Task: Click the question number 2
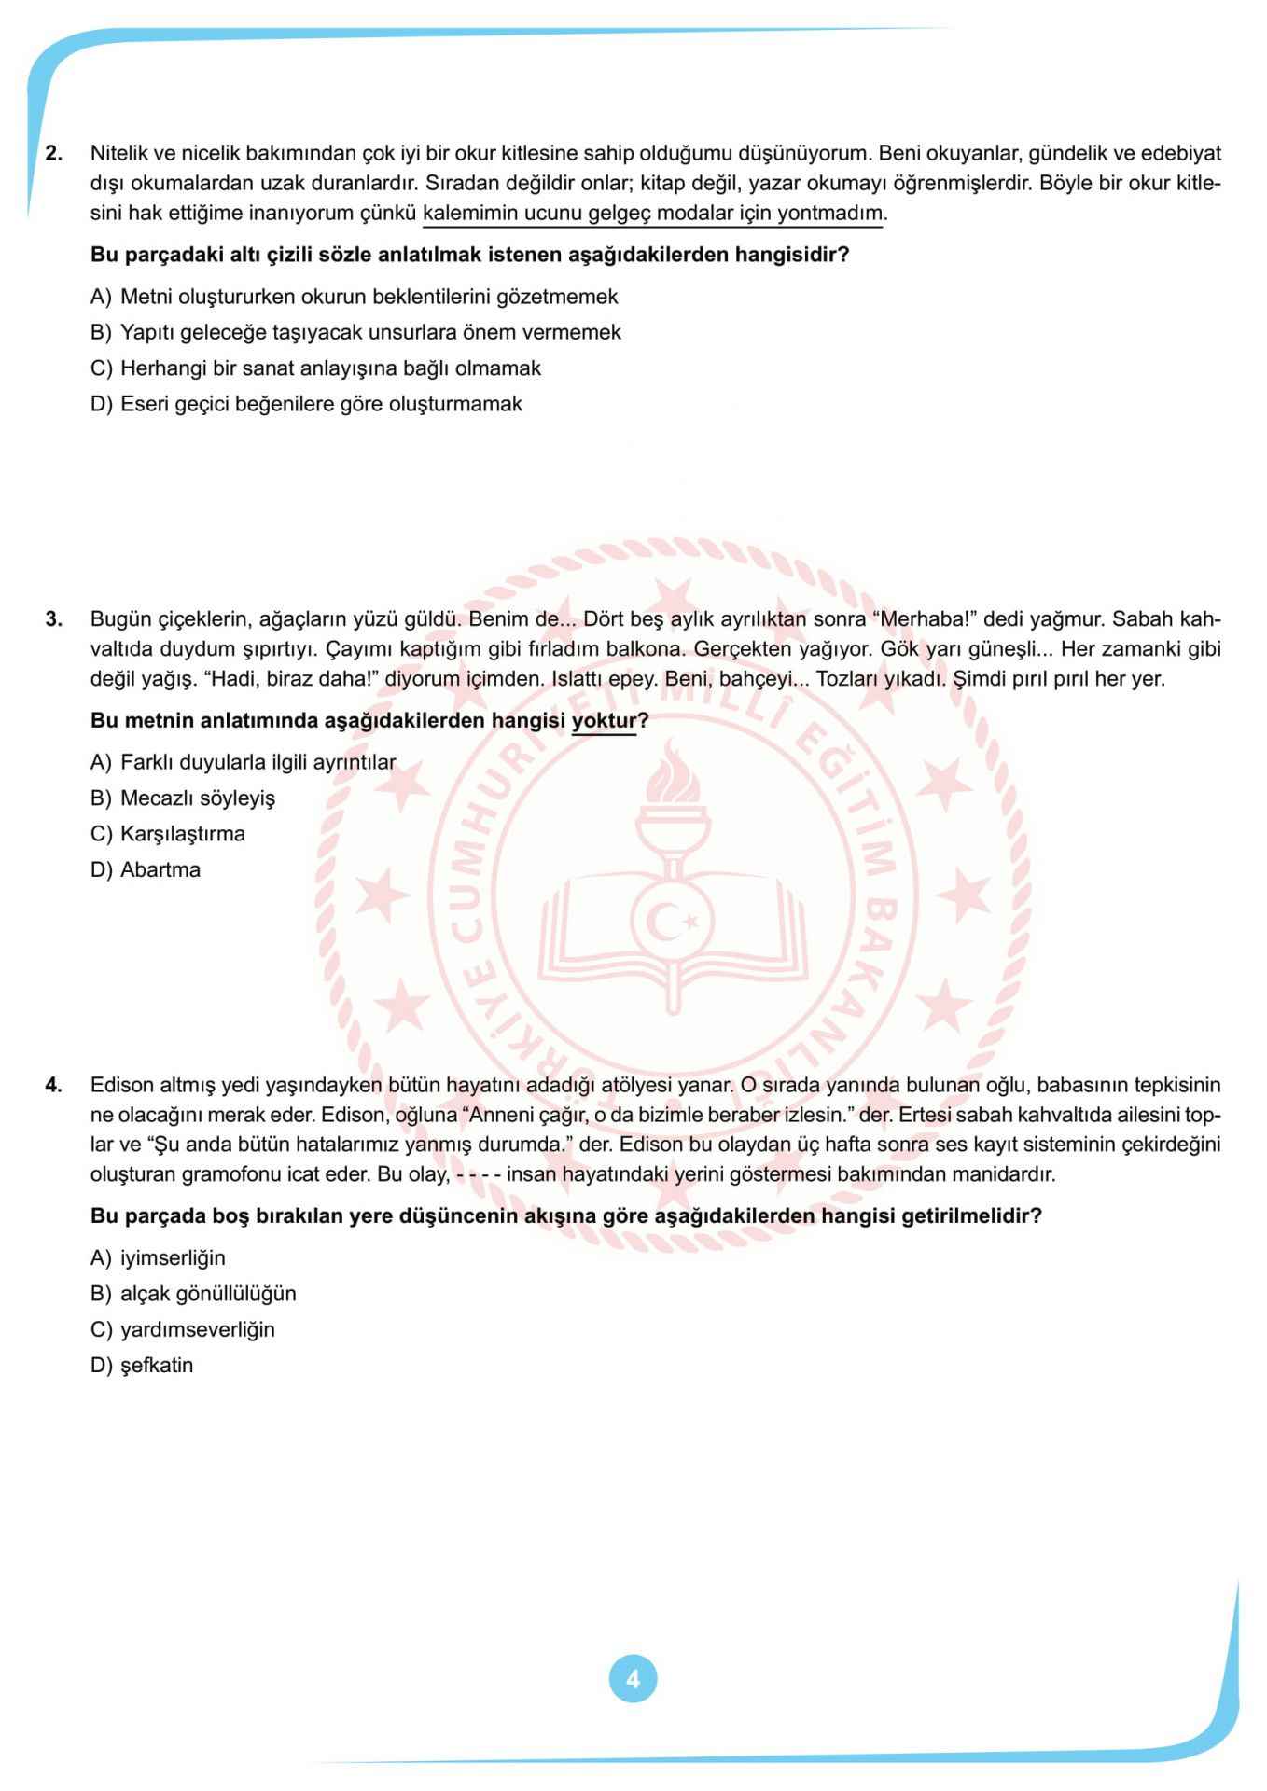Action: pos(54,153)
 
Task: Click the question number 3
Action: pos(54,618)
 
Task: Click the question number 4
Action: pos(54,1085)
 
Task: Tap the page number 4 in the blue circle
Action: pos(633,1679)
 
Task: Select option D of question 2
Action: pos(307,404)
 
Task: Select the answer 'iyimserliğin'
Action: pos(159,1257)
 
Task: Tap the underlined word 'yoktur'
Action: pos(604,720)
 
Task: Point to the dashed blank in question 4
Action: pos(479,1174)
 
